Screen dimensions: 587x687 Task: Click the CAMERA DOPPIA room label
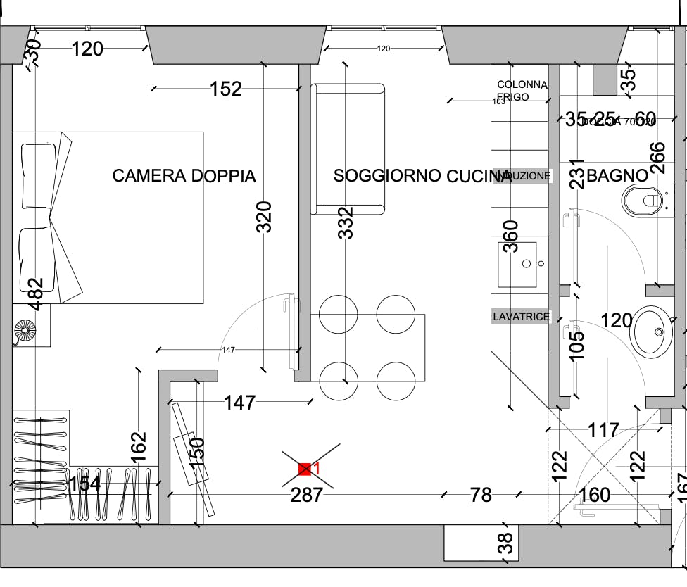pyautogui.click(x=184, y=176)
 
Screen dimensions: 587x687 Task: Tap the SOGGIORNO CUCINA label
pyautogui.click(x=422, y=176)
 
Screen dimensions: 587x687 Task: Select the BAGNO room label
pyautogui.click(x=617, y=176)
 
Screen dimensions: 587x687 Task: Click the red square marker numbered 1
pyautogui.click(x=305, y=469)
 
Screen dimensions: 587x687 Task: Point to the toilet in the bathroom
pyautogui.click(x=643, y=201)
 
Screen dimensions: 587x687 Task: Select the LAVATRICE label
pyautogui.click(x=521, y=317)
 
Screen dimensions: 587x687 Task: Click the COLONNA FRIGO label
pyautogui.click(x=522, y=91)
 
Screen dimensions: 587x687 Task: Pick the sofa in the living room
pyautogui.click(x=348, y=149)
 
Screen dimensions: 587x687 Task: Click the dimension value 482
pyautogui.click(x=34, y=292)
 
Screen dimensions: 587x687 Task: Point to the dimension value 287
pyautogui.click(x=307, y=496)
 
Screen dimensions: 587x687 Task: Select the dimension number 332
pyautogui.click(x=345, y=222)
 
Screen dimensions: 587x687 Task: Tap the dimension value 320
pyautogui.click(x=264, y=217)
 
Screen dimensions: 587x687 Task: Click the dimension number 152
pyautogui.click(x=226, y=89)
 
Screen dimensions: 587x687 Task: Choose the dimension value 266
pyautogui.click(x=656, y=158)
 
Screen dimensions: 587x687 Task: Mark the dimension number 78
pyautogui.click(x=481, y=496)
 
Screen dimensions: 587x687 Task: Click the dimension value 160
pyautogui.click(x=595, y=496)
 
